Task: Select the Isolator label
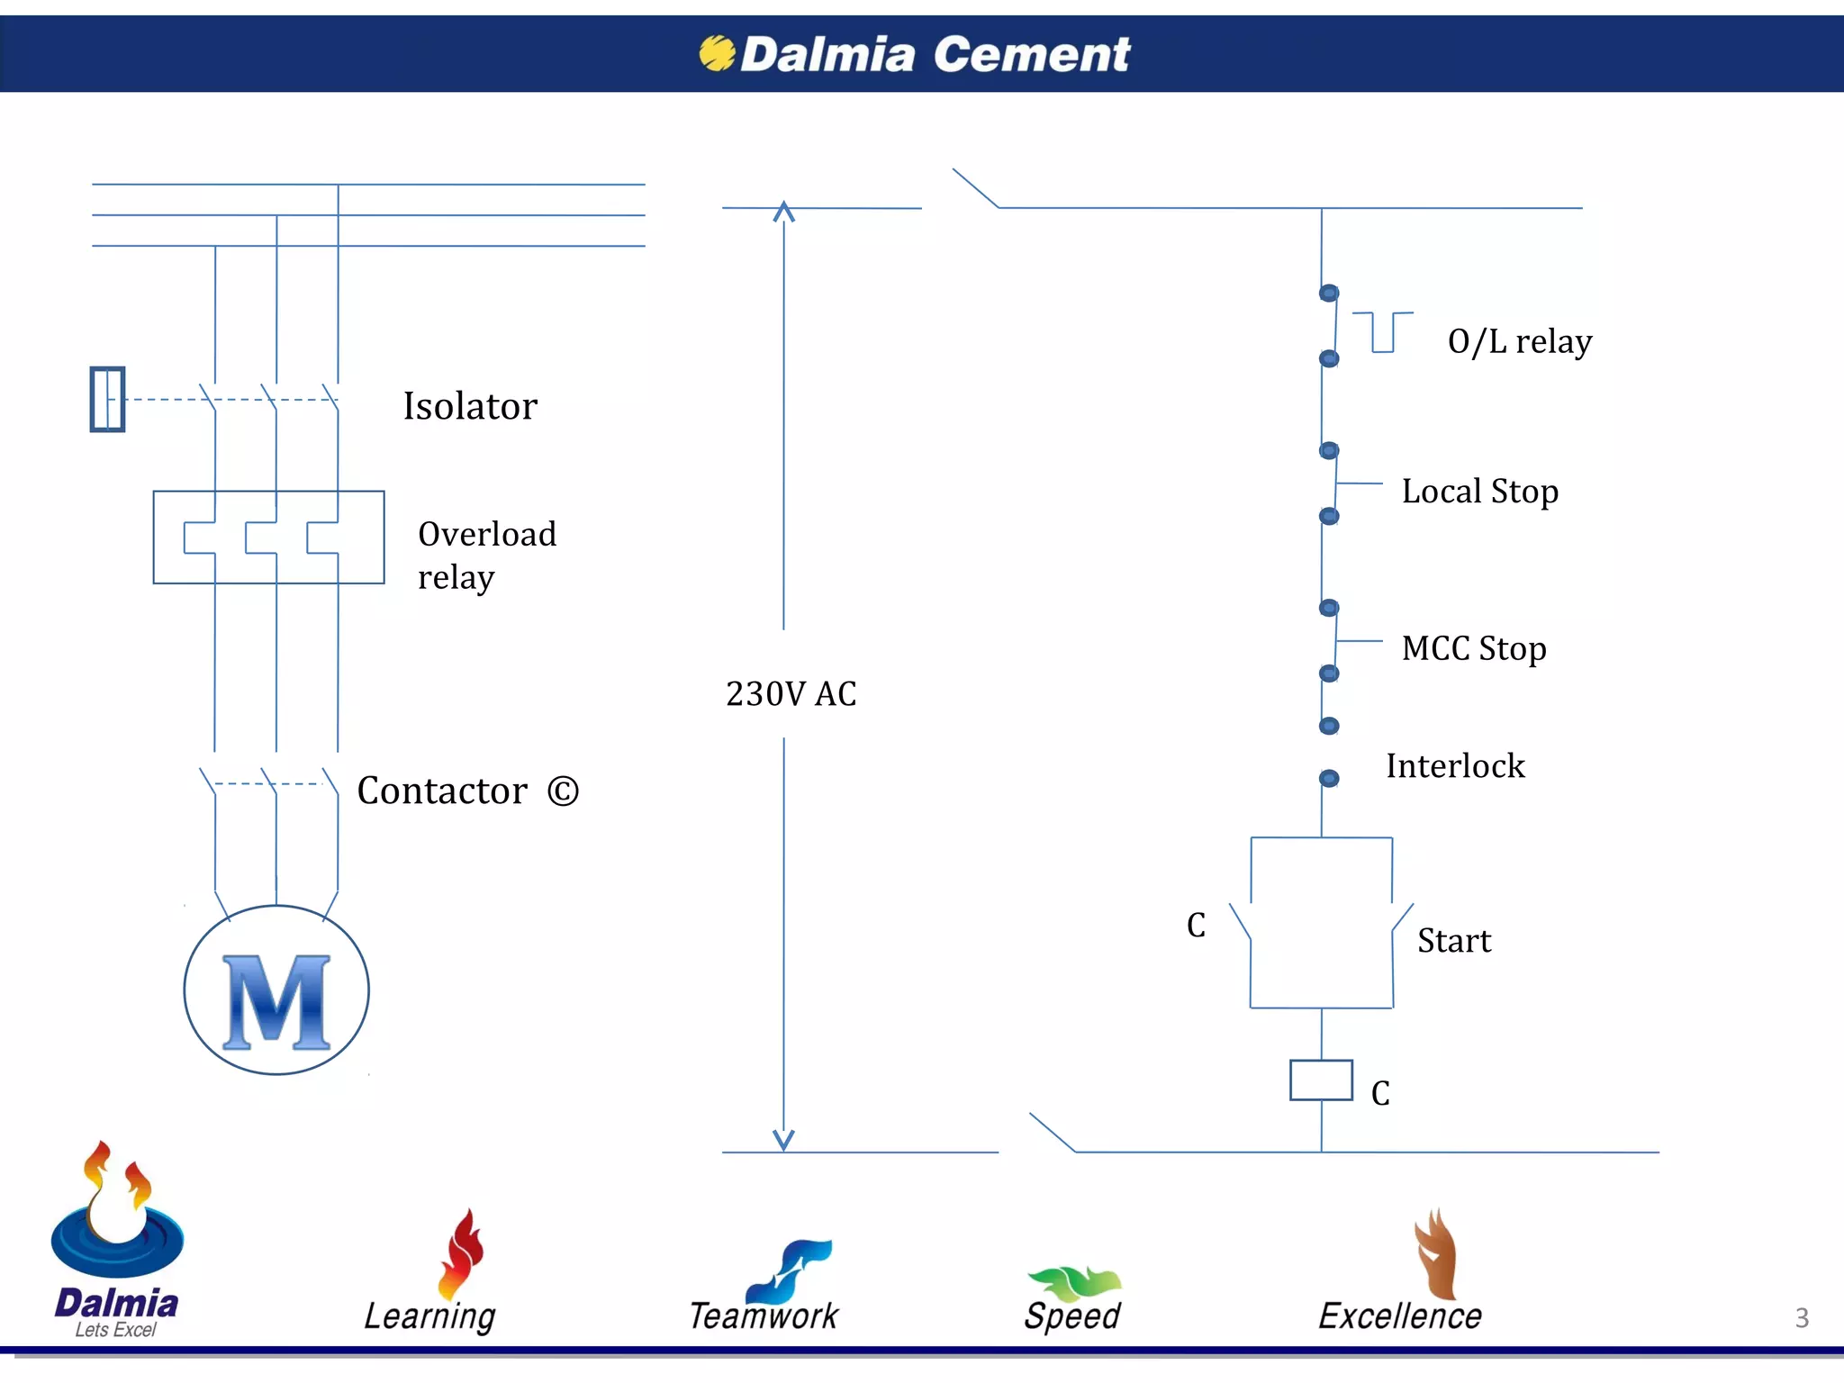(x=470, y=406)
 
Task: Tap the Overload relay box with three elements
(x=268, y=538)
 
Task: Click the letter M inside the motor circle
(x=276, y=1002)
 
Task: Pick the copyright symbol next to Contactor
(x=563, y=791)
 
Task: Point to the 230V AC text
(x=791, y=693)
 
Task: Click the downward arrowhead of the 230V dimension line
(x=784, y=1141)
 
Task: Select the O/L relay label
(x=1519, y=342)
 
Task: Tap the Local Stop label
(x=1479, y=492)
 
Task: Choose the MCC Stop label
(x=1474, y=648)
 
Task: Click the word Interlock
(x=1455, y=766)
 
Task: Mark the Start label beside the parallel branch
(x=1454, y=941)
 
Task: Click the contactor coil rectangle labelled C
(x=1321, y=1080)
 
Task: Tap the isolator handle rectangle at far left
(x=107, y=399)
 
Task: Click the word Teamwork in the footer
(x=764, y=1316)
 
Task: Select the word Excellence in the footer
(x=1400, y=1316)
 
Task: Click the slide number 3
(x=1802, y=1318)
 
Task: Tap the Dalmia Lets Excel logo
(x=117, y=1243)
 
